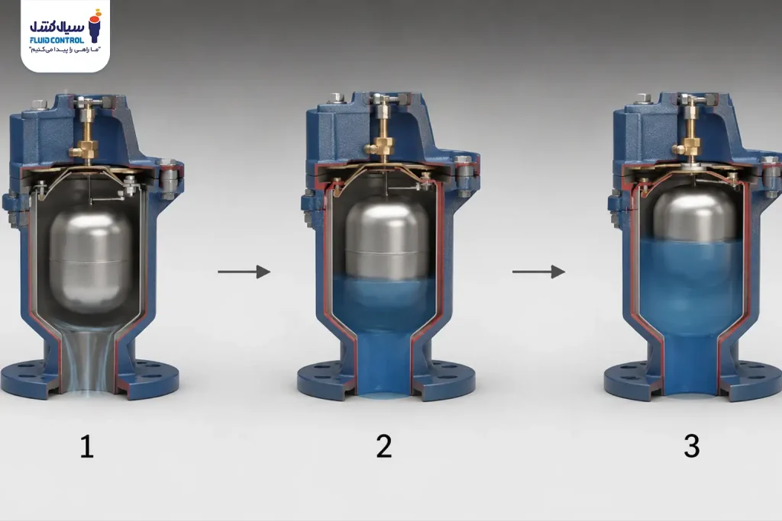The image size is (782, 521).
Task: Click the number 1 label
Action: click(x=87, y=446)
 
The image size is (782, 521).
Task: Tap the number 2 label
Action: click(x=384, y=446)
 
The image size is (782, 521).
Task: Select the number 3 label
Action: click(x=692, y=446)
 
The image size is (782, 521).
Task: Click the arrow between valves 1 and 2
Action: click(x=244, y=272)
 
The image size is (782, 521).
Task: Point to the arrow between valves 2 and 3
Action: click(x=538, y=272)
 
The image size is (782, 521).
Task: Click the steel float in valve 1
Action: click(x=90, y=259)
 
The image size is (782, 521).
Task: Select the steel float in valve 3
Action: click(x=695, y=214)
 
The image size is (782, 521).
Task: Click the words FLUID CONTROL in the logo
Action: click(x=57, y=40)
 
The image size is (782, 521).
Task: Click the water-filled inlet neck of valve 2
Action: click(x=383, y=364)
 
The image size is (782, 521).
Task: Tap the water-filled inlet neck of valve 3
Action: click(x=691, y=364)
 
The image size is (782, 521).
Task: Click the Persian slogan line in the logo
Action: click(x=66, y=50)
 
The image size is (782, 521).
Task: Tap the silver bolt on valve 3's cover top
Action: click(x=642, y=98)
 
